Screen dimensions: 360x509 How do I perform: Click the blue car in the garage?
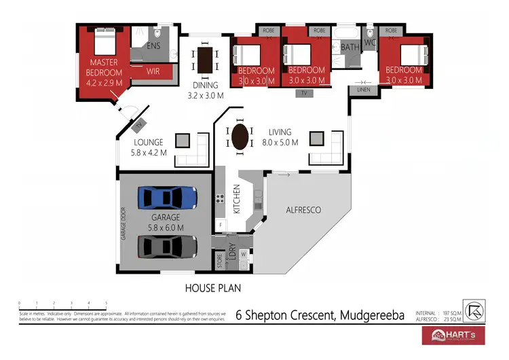[x=167, y=198]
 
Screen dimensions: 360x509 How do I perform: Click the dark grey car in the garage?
[x=167, y=245]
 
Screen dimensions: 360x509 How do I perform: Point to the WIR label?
[x=154, y=70]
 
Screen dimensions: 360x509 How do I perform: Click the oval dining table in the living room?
[x=239, y=138]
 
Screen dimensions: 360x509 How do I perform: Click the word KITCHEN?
[x=237, y=199]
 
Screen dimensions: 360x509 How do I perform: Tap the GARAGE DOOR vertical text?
[x=124, y=223]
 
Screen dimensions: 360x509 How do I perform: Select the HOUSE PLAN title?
[x=213, y=288]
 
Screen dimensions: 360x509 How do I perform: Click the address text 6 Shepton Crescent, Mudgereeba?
[x=319, y=315]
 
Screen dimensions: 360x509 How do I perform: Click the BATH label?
[x=350, y=48]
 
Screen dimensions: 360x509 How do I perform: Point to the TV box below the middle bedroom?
[x=303, y=92]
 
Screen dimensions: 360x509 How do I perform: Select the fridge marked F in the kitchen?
[x=221, y=223]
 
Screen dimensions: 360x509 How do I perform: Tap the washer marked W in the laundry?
[x=242, y=254]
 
